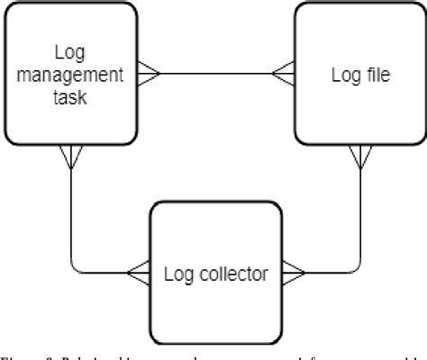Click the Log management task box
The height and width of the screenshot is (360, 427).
click(x=69, y=75)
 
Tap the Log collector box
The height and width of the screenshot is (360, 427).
click(x=215, y=271)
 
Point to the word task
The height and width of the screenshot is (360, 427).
click(x=68, y=97)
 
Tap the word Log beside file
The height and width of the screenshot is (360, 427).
click(x=342, y=76)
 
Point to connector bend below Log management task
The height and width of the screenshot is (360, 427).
click(x=71, y=269)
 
